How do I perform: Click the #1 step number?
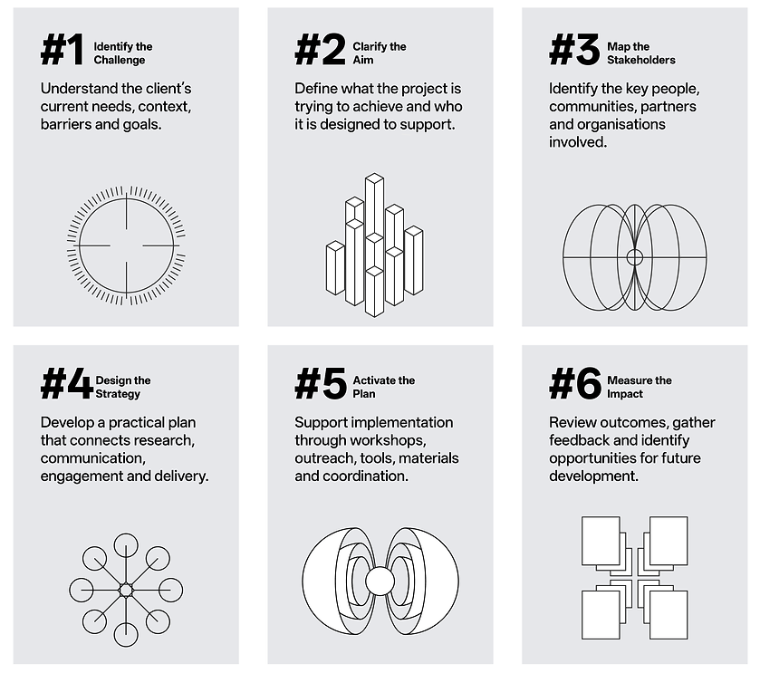click(x=62, y=50)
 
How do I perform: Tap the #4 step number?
click(x=66, y=383)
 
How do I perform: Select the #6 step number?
click(x=575, y=383)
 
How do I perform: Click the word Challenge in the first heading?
click(x=120, y=60)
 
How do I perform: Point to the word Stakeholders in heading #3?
click(x=641, y=60)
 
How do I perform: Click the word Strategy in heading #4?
click(x=118, y=394)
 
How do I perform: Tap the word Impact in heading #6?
click(x=625, y=394)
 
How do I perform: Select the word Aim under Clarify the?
click(x=363, y=60)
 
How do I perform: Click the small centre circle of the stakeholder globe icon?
click(x=634, y=257)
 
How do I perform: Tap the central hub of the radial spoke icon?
click(x=126, y=591)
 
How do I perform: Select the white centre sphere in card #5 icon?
click(x=380, y=581)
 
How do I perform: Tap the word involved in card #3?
click(x=578, y=142)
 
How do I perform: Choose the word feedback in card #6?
click(x=579, y=440)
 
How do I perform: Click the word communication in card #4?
click(x=93, y=458)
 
